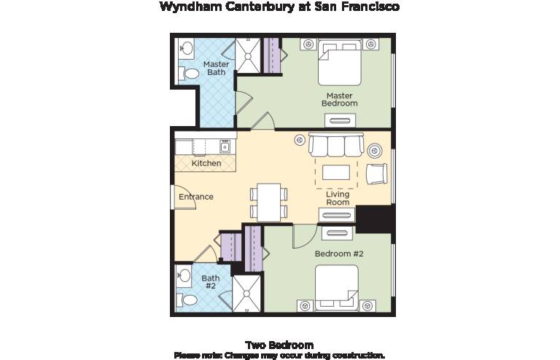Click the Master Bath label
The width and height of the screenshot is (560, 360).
[x=216, y=69]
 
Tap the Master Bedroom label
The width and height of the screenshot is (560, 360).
[x=340, y=100]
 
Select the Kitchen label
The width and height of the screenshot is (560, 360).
[x=206, y=163]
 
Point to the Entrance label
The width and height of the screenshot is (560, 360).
[x=196, y=197]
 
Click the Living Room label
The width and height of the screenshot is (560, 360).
[x=338, y=198]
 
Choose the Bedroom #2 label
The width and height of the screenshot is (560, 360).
[x=339, y=254]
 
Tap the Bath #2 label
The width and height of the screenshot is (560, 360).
[x=211, y=282]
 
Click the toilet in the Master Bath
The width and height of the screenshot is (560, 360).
[x=189, y=74]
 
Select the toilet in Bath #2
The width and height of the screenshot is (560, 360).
[x=187, y=300]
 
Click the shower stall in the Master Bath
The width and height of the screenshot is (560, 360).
[x=248, y=55]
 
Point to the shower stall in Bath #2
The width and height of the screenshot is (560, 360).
[x=246, y=294]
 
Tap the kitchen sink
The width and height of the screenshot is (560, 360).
[x=225, y=146]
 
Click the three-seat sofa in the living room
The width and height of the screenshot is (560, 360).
[x=336, y=144]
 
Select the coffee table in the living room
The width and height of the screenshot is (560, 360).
[x=336, y=172]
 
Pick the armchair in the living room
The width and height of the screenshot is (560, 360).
[x=377, y=173]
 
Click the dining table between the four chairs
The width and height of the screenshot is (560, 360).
[x=268, y=203]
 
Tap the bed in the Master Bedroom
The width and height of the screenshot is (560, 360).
[x=340, y=63]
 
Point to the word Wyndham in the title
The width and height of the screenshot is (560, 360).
[x=191, y=7]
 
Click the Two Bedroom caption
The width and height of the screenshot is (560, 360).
[x=280, y=345]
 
